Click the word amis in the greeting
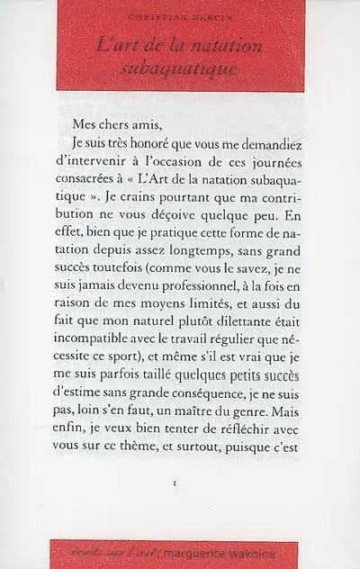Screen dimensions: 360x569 tap(139, 123)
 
